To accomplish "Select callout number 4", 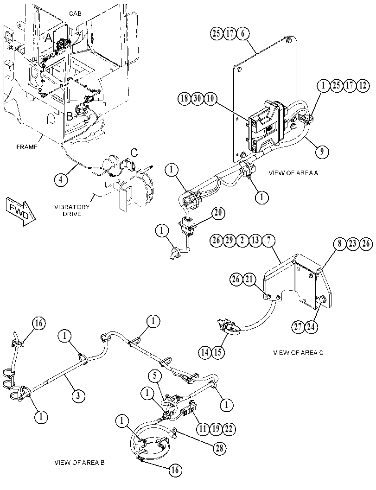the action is pyautogui.click(x=61, y=180).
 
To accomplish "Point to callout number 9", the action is pyautogui.click(x=322, y=152).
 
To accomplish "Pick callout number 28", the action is pyautogui.click(x=219, y=448).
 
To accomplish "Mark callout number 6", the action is pyautogui.click(x=243, y=33).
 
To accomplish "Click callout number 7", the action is pyautogui.click(x=268, y=241).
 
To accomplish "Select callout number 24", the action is pyautogui.click(x=312, y=327).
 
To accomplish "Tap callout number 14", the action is pyautogui.click(x=205, y=352).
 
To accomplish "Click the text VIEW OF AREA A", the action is pyautogui.click(x=293, y=173).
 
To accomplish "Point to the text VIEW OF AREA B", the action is pyautogui.click(x=79, y=463).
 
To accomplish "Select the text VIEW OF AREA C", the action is pyautogui.click(x=298, y=352).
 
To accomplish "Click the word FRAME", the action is pyautogui.click(x=27, y=147).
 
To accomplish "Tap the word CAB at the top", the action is pyautogui.click(x=75, y=14).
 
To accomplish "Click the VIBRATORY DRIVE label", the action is pyautogui.click(x=72, y=210).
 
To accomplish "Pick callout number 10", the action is pyautogui.click(x=210, y=98).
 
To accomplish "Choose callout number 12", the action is pyautogui.click(x=363, y=85).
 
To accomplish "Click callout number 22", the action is pyautogui.click(x=229, y=429).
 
